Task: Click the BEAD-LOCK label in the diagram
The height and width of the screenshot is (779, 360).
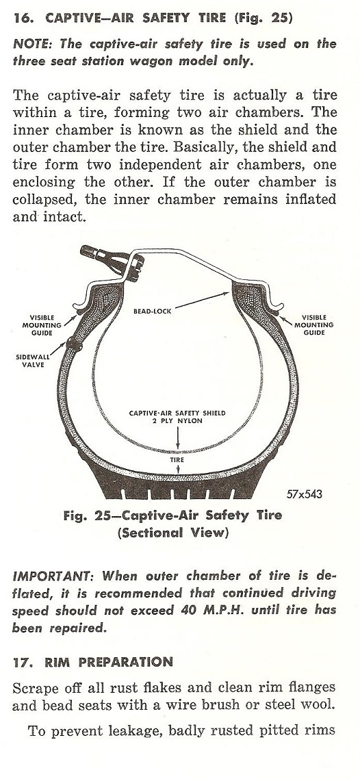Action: pyautogui.click(x=152, y=311)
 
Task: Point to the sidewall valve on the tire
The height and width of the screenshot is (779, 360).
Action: pyautogui.click(x=75, y=344)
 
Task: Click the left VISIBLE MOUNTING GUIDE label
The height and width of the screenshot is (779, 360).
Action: pyautogui.click(x=42, y=325)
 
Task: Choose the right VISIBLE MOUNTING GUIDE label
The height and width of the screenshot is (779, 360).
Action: pyautogui.click(x=314, y=324)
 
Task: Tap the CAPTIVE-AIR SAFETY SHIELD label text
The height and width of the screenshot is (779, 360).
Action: pyautogui.click(x=177, y=413)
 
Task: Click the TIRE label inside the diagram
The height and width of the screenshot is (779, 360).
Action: pyautogui.click(x=177, y=460)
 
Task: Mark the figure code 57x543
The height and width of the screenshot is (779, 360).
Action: pyautogui.click(x=305, y=494)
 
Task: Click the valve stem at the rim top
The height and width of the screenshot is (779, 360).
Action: pyautogui.click(x=111, y=260)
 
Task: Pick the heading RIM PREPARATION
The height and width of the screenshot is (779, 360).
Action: pyautogui.click(x=109, y=662)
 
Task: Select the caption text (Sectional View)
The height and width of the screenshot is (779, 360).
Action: pyautogui.click(x=172, y=533)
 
